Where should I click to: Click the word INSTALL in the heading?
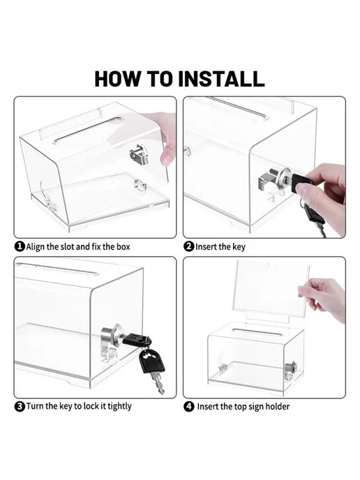(x=220, y=79)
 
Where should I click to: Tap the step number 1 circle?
(x=20, y=246)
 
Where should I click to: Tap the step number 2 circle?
(x=189, y=246)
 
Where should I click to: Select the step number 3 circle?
(x=20, y=406)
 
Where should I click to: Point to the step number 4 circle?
(x=189, y=407)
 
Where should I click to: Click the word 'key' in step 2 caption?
(x=239, y=247)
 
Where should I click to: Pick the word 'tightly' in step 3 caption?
(x=119, y=407)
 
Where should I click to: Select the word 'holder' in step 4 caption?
(x=277, y=407)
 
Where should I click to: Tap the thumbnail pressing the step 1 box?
(x=167, y=158)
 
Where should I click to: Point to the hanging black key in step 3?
(x=152, y=370)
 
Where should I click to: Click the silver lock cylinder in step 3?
(x=112, y=337)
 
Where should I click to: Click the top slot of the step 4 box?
(x=257, y=331)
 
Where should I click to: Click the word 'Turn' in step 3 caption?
(x=35, y=406)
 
